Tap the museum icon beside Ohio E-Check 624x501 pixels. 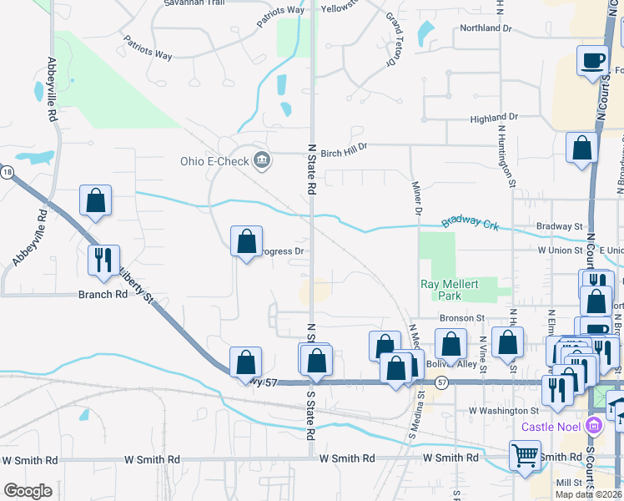click(x=262, y=160)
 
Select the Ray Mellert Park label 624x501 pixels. click(x=450, y=290)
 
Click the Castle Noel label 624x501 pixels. click(x=551, y=427)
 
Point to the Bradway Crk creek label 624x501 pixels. click(x=470, y=223)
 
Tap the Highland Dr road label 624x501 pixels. click(x=495, y=119)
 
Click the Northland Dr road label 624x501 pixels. click(x=486, y=28)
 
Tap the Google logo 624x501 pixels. click(x=28, y=491)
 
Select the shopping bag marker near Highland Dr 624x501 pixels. click(x=581, y=148)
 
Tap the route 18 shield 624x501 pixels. click(x=7, y=172)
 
